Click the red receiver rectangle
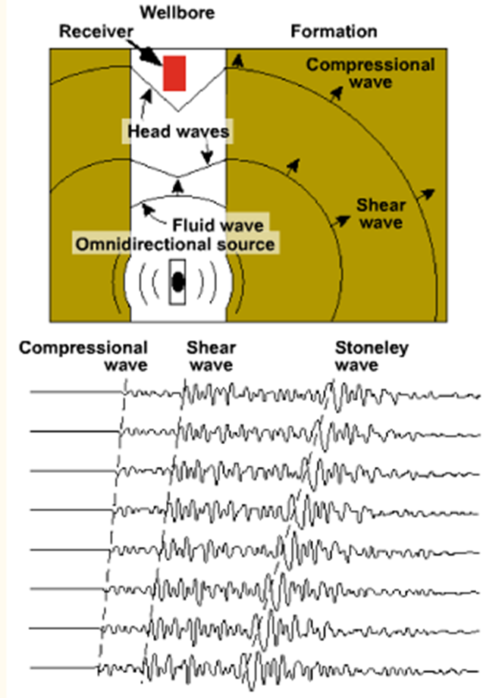174,73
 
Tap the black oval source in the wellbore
177,282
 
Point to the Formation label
334,32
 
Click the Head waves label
178,132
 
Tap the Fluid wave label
217,225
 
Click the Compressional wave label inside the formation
371,73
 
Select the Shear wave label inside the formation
381,213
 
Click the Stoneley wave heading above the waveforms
372,357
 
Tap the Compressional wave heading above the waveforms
83,357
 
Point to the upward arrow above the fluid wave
178,186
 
